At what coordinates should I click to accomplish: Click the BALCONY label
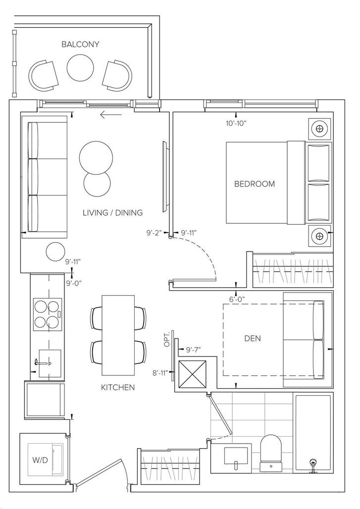pos(80,45)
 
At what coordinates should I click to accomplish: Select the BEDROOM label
pos(255,184)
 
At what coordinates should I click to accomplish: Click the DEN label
pos(252,338)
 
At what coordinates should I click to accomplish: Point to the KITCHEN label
pos(118,387)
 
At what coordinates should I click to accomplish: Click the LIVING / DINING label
pos(112,212)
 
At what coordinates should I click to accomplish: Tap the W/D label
pos(40,460)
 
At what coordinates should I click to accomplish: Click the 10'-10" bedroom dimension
pos(236,123)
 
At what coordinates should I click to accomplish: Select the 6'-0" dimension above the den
pos(237,299)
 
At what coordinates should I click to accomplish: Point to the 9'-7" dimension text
pos(194,350)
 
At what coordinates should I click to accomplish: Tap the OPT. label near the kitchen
pos(167,339)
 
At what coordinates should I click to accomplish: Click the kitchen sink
pos(50,363)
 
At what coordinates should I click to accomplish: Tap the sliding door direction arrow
pos(111,114)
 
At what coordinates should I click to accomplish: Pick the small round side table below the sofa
pos(55,252)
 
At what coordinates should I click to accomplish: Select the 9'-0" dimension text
pos(74,283)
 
